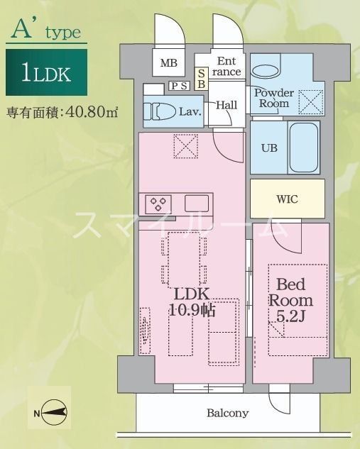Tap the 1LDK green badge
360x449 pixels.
(47, 72)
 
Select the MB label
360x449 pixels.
(168, 63)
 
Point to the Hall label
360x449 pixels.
(226, 105)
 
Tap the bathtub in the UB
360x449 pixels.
(304, 148)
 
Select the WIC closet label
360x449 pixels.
(287, 199)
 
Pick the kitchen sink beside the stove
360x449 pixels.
(197, 204)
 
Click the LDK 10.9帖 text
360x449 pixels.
(192, 301)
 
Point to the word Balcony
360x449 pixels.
(228, 413)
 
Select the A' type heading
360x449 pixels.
(46, 30)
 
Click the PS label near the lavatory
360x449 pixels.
(180, 86)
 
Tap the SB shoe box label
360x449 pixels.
(202, 77)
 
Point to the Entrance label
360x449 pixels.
(228, 66)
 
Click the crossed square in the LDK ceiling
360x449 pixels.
(187, 148)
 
